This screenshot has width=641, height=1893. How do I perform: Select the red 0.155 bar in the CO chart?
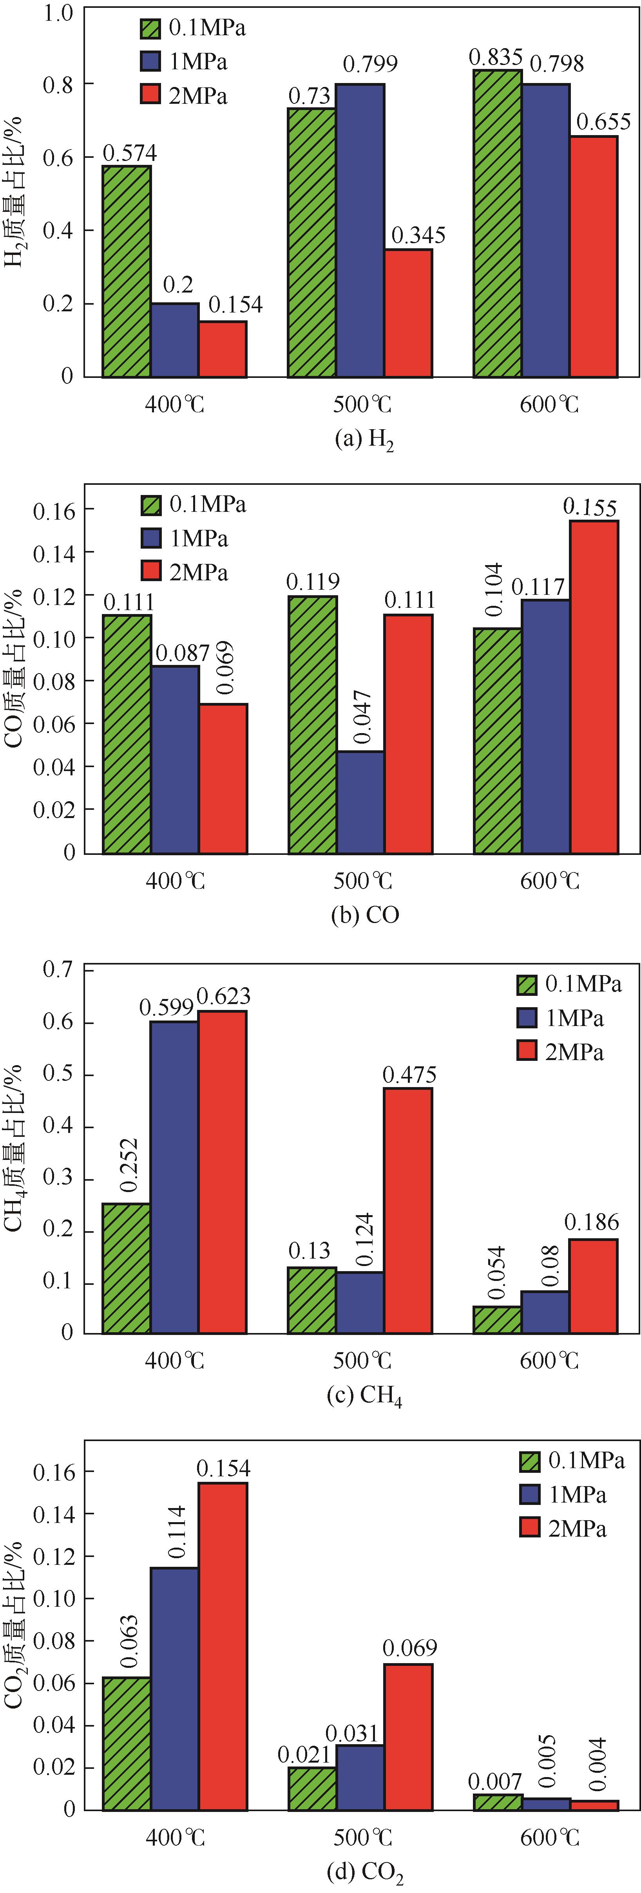click(x=594, y=687)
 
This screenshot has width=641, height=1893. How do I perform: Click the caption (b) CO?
click(x=365, y=915)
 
